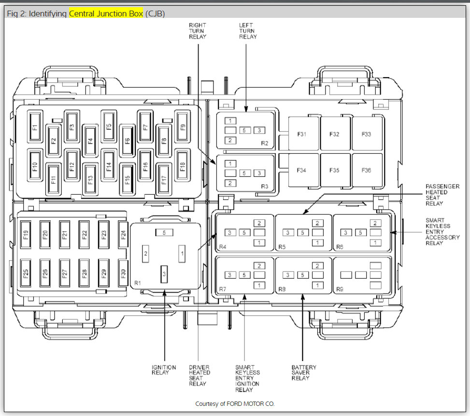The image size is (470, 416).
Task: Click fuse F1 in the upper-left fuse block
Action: pos(35,127)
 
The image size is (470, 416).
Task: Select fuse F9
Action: pos(182,127)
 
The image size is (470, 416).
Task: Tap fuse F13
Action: pos(90,179)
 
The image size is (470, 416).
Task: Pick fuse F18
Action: pos(182,165)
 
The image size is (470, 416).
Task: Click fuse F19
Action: pos(26,235)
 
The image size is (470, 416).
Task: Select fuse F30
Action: pos(123,274)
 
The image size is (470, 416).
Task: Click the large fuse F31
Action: pos(301,134)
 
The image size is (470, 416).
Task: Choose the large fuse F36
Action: pos(366,170)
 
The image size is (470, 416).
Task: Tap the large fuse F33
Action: pos(366,134)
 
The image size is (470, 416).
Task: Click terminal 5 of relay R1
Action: pos(164,233)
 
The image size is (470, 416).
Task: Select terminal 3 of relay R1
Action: pos(164,273)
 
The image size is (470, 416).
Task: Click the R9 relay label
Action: pos(340,289)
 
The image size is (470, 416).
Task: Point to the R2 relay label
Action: pos(264,143)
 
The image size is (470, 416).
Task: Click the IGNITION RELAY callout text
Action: pos(164,370)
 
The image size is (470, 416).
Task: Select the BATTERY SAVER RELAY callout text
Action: pos(304,373)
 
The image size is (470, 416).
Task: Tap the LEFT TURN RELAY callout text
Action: pos(248,31)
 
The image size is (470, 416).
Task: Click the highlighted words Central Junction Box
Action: pos(106,13)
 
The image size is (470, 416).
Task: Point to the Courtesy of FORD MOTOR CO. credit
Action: pos(235,403)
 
